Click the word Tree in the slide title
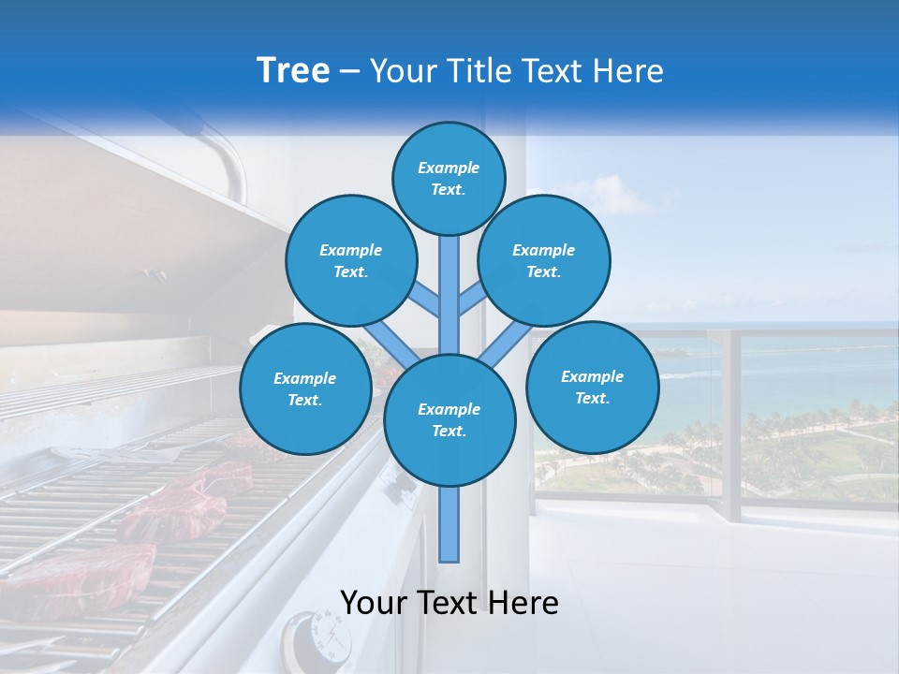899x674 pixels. tap(292, 71)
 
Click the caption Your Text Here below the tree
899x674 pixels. tap(449, 603)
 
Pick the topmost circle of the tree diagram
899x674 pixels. tap(449, 178)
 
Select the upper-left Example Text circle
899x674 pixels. tap(350, 260)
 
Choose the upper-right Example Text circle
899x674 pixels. tap(543, 260)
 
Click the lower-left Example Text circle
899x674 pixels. tap(304, 388)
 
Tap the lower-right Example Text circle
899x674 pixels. tap(592, 387)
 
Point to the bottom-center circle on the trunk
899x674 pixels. tap(449, 419)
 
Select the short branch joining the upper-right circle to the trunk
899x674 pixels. tap(471, 300)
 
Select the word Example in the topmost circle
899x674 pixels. tap(449, 168)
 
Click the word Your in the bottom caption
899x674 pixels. tap(374, 603)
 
